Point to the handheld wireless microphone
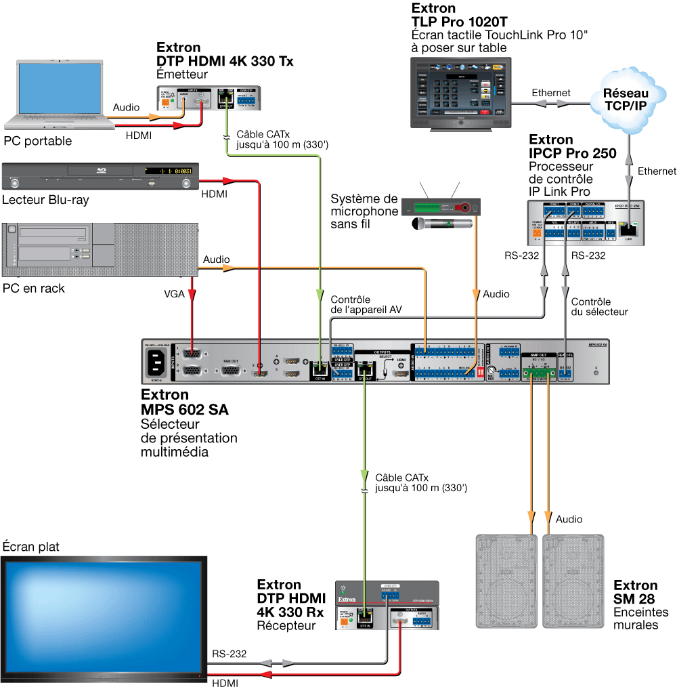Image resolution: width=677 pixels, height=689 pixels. [x=440, y=223]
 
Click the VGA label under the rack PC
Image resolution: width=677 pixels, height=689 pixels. [x=174, y=295]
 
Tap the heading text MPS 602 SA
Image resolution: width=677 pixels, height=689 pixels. [x=184, y=410]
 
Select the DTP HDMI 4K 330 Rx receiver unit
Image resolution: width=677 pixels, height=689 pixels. [x=387, y=605]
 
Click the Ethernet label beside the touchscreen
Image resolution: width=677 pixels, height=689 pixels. [x=550, y=93]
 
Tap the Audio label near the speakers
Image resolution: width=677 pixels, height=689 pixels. [x=569, y=520]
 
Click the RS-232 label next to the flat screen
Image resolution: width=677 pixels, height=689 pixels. [x=229, y=654]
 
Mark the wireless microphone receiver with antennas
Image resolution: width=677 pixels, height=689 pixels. [x=440, y=205]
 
